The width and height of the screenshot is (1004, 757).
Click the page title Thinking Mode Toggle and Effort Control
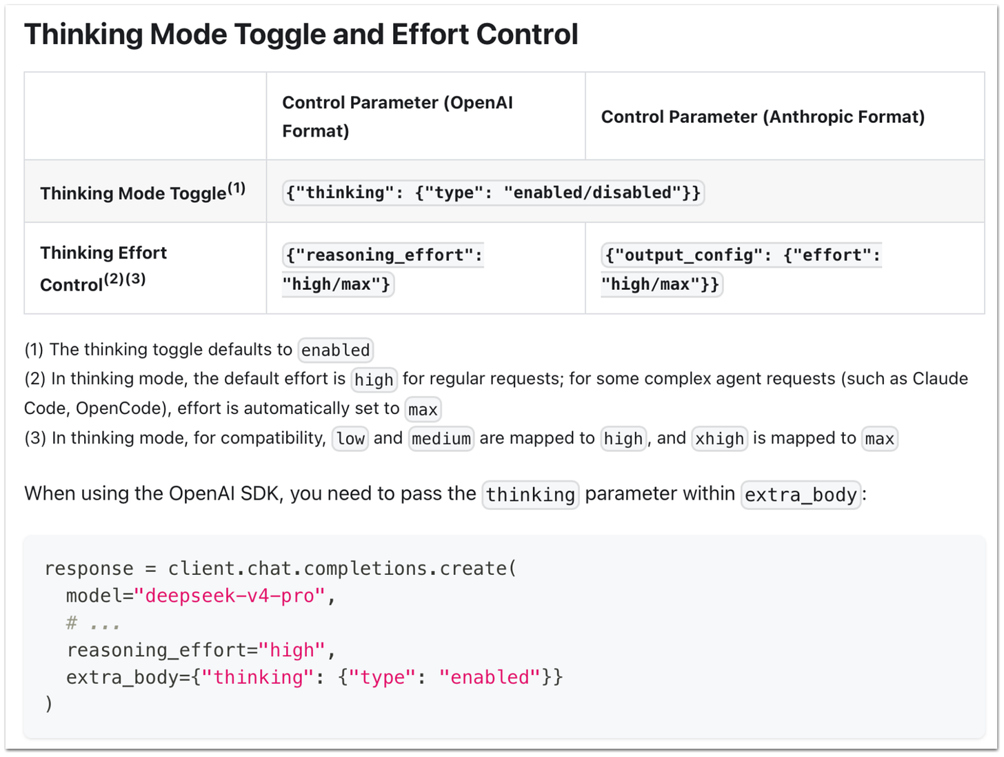point(301,35)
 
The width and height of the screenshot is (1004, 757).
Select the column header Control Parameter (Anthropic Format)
point(763,117)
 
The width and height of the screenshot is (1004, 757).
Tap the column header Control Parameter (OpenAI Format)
point(397,117)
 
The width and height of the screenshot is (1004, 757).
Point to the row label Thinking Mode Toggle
point(132,193)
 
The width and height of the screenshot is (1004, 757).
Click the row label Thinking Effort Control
point(103,268)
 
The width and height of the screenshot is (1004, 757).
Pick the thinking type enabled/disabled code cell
point(493,193)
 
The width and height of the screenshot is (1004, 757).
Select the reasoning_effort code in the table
point(383,270)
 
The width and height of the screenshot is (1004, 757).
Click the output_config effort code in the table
point(741,270)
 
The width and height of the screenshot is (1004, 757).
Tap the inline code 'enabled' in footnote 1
point(335,350)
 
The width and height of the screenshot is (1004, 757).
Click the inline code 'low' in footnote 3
point(350,438)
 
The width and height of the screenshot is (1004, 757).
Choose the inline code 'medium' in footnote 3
point(441,438)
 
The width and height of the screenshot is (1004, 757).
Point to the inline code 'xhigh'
point(719,438)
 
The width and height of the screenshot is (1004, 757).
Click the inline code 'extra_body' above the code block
point(801,495)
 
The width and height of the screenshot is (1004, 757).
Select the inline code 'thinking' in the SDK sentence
point(530,495)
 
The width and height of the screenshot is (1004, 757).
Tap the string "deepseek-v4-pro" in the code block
point(229,596)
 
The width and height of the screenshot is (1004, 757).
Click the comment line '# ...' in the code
point(93,623)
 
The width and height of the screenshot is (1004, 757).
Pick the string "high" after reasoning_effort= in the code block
point(292,650)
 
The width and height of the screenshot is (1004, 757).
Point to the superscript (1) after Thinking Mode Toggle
point(237,188)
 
